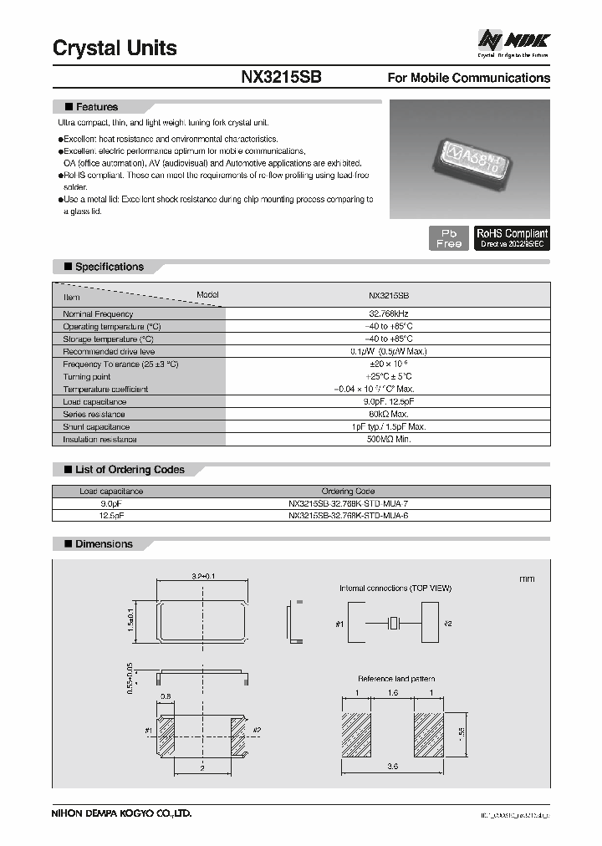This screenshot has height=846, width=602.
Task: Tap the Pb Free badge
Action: click(448, 238)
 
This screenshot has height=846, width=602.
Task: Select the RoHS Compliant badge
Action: click(512, 238)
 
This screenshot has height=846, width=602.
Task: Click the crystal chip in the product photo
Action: click(467, 156)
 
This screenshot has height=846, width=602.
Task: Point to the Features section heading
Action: click(96, 107)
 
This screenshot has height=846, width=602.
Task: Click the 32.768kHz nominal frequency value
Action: click(389, 313)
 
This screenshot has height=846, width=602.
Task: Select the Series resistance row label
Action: click(94, 415)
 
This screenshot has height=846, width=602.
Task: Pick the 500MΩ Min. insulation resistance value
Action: click(389, 440)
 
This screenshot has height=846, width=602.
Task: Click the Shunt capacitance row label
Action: click(96, 427)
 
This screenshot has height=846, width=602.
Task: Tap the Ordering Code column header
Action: click(348, 492)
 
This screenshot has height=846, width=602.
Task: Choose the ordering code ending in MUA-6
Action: click(348, 517)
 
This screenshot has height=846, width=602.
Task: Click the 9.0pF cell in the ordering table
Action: click(110, 504)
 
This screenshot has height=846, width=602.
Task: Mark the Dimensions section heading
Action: click(104, 544)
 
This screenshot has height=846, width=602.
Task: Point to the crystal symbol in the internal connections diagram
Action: click(395, 623)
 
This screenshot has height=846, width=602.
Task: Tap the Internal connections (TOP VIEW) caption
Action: click(395, 589)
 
